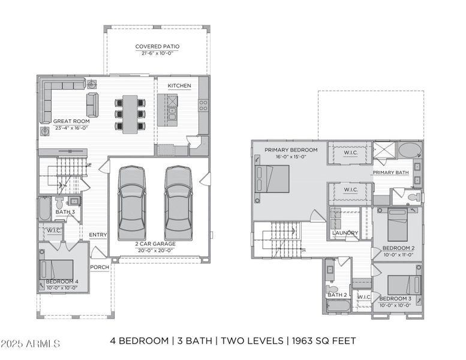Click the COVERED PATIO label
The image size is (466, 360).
(x=157, y=46)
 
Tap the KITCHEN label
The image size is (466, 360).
(x=179, y=86)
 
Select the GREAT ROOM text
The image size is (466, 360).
(x=71, y=121)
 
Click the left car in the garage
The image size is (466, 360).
(x=131, y=202)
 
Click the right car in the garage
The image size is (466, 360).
(x=178, y=202)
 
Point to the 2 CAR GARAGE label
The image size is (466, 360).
(x=155, y=244)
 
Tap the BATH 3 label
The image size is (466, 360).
(x=65, y=212)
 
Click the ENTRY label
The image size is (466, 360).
(x=98, y=235)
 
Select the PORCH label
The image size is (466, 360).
(x=99, y=267)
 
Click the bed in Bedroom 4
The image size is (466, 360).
(x=58, y=270)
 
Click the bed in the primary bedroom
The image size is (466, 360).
(x=273, y=179)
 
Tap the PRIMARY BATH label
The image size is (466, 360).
(x=390, y=173)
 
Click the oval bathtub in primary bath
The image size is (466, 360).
(x=410, y=150)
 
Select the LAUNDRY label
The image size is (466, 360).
(x=345, y=233)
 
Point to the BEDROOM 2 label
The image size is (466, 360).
(x=399, y=248)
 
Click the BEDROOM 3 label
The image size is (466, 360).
(x=395, y=298)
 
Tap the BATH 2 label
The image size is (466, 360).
(x=337, y=295)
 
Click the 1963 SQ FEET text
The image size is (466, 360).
(x=324, y=341)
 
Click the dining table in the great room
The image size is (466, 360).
(x=130, y=114)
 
